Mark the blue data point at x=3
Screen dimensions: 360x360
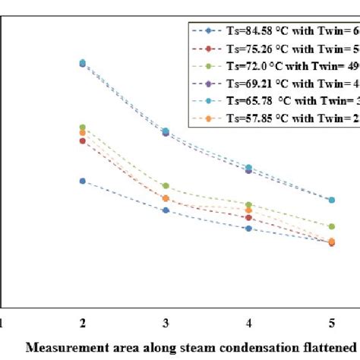point(166,210)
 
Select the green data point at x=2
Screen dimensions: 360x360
point(83,127)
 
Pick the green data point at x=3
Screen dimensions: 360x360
point(166,186)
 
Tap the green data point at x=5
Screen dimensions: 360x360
point(331,226)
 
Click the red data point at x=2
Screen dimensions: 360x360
point(83,141)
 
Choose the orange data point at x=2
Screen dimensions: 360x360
point(83,133)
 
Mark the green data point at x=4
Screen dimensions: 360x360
point(248,205)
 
